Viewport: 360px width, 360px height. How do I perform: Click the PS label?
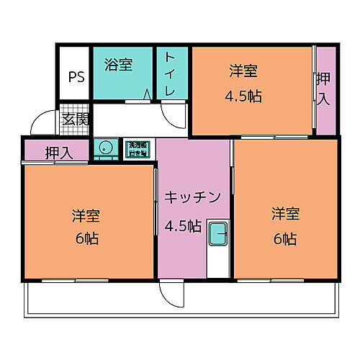click(x=76, y=77)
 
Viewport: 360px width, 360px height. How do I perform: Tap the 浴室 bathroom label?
click(x=118, y=64)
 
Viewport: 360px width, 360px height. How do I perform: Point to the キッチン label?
click(x=191, y=197)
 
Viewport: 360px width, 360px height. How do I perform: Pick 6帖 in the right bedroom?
click(x=284, y=238)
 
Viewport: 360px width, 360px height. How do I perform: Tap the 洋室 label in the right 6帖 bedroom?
click(x=284, y=214)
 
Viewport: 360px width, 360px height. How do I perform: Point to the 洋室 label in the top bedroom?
click(x=243, y=71)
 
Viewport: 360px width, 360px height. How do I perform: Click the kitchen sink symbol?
click(x=217, y=234)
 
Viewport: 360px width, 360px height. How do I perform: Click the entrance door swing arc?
click(x=43, y=121)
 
